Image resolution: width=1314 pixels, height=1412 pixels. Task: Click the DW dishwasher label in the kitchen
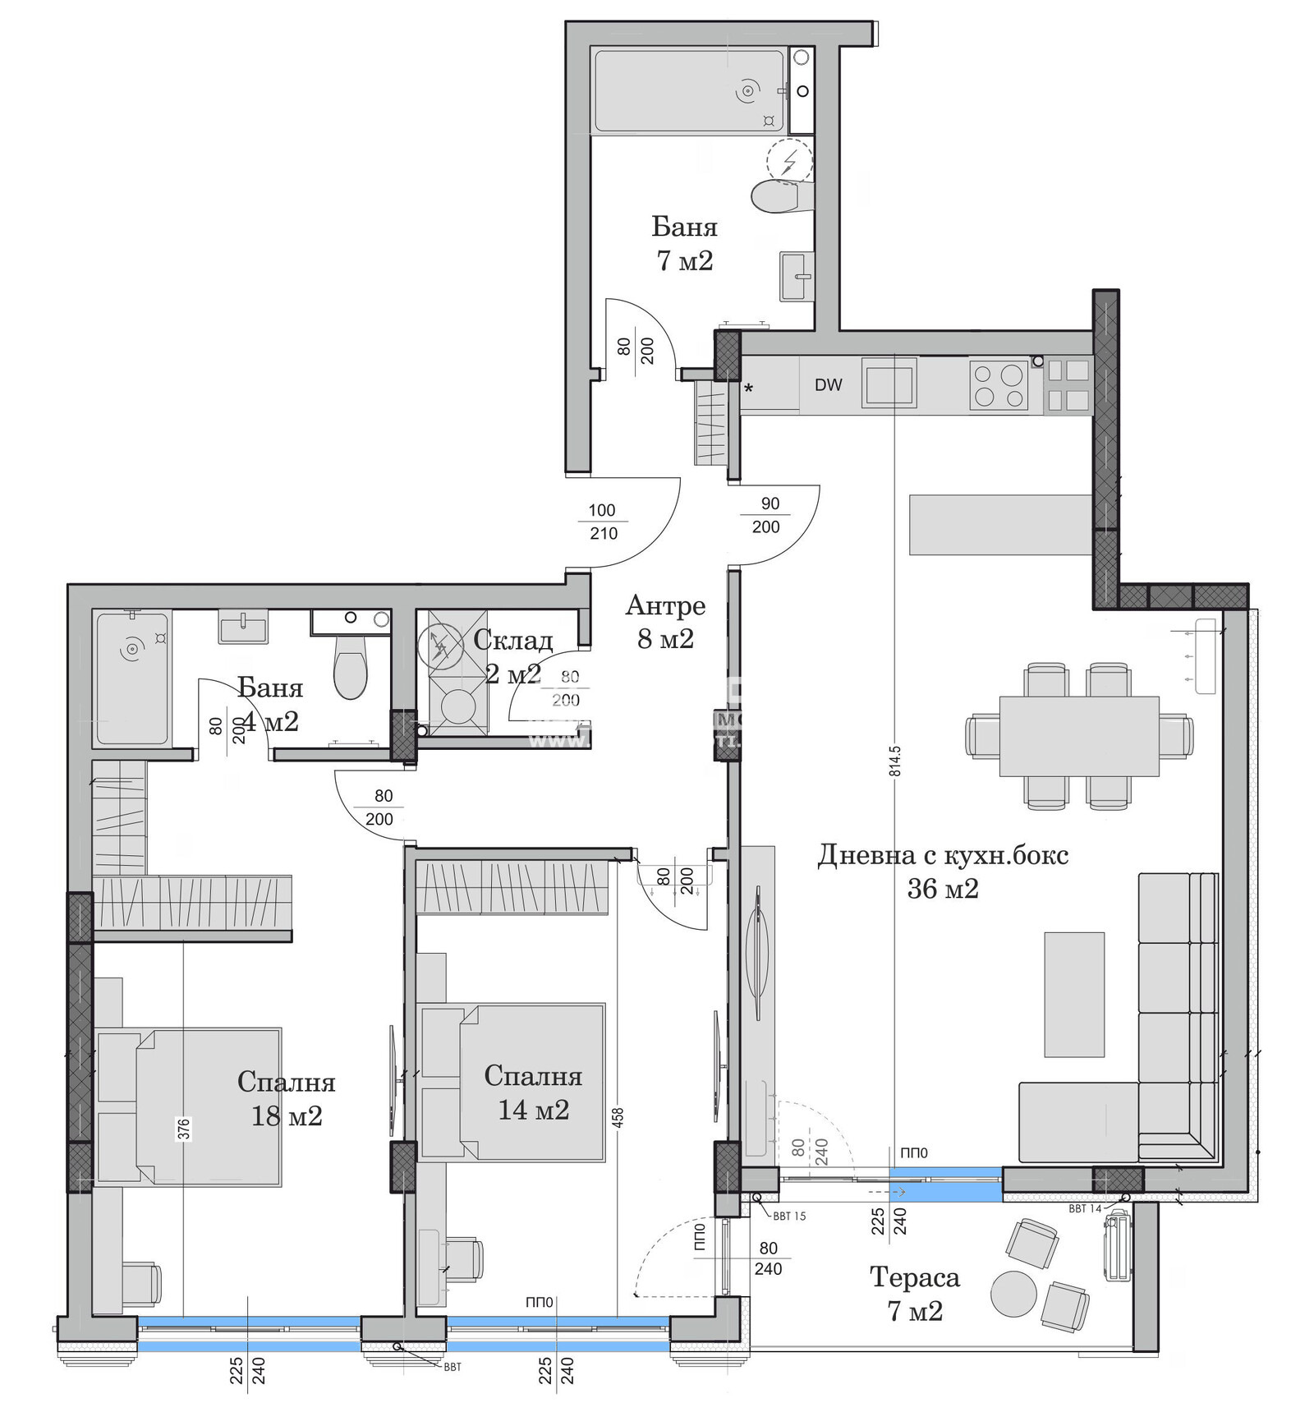(828, 384)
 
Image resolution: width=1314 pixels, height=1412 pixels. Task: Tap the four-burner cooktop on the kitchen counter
(999, 384)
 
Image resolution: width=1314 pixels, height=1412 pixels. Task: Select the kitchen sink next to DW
(889, 383)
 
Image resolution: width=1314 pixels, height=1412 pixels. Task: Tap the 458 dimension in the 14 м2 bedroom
(618, 1117)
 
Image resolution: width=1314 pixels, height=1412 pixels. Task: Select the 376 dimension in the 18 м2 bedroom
(184, 1129)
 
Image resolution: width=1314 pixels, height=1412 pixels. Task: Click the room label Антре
(665, 606)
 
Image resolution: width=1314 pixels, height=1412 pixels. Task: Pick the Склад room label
(512, 640)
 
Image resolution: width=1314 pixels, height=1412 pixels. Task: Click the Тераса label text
(914, 1277)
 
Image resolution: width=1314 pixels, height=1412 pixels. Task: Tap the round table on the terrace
(1013, 1294)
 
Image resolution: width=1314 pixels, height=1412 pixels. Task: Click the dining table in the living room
(1078, 736)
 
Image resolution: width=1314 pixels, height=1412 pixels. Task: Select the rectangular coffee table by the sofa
(1073, 994)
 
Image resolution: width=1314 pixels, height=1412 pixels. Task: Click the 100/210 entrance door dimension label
(602, 522)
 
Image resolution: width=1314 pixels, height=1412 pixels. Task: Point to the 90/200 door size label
(767, 515)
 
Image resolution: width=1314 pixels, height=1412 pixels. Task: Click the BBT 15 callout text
(789, 1216)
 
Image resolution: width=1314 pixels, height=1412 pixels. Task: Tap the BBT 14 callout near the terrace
(1084, 1209)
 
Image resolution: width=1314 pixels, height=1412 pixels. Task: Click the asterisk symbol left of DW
(748, 389)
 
